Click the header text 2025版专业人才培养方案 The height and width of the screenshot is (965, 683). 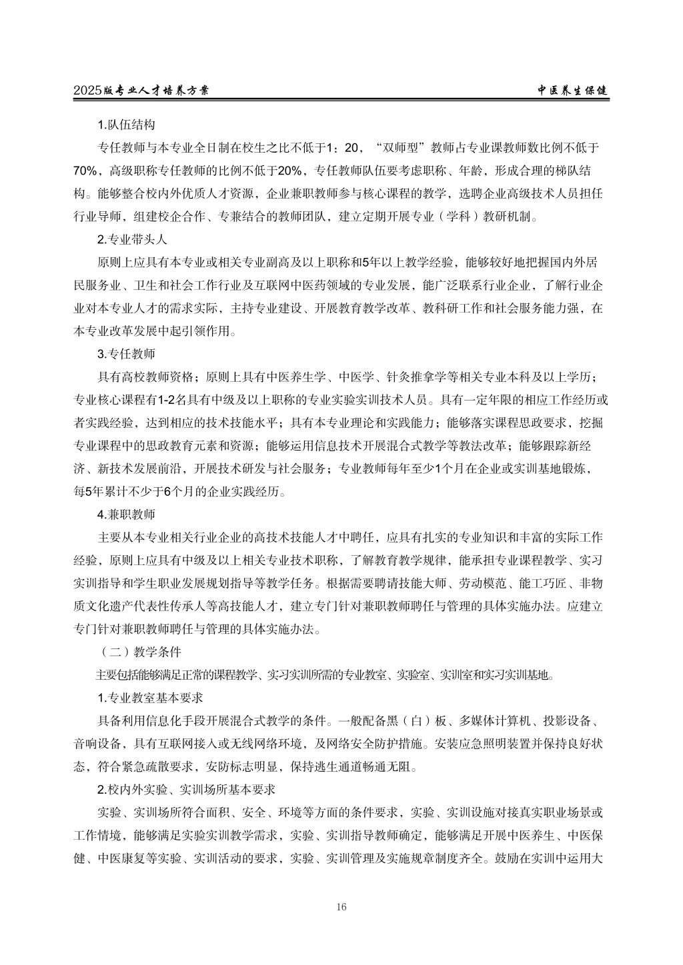(x=141, y=91)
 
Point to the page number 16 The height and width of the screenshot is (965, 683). (x=341, y=906)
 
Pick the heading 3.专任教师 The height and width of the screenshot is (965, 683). (x=126, y=354)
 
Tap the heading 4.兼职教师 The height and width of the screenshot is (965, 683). (x=126, y=514)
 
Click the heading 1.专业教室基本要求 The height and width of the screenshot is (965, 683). (x=150, y=698)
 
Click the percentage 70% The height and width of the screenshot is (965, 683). (x=88, y=171)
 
